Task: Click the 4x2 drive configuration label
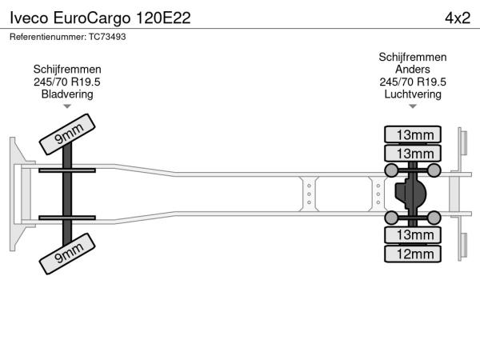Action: [458, 18]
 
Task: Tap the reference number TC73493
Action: [107, 37]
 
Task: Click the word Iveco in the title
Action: [29, 18]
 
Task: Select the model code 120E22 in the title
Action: [163, 18]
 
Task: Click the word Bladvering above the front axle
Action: [67, 94]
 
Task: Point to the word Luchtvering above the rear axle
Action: [413, 94]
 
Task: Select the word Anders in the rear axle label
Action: [412, 69]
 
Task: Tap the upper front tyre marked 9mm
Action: [67, 134]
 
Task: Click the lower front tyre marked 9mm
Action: [67, 254]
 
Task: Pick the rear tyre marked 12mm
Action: [413, 254]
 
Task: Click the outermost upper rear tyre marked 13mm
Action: [413, 134]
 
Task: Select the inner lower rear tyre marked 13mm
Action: [413, 235]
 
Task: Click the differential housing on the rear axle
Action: [410, 194]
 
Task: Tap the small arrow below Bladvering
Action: [67, 106]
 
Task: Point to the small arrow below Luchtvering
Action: [413, 106]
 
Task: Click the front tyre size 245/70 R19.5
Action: [67, 82]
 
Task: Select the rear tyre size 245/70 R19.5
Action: [413, 82]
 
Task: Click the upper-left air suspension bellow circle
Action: [391, 170]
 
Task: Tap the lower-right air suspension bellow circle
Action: [434, 218]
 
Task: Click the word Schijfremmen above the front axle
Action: [67, 70]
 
